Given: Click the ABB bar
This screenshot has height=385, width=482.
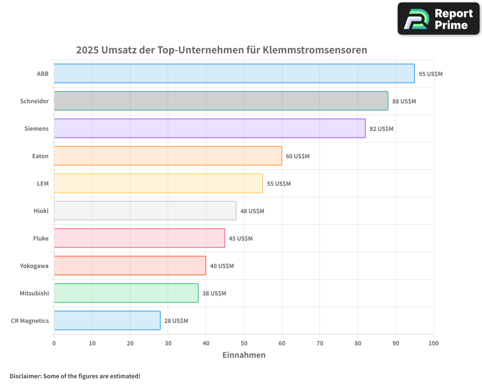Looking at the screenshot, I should pos(234,74).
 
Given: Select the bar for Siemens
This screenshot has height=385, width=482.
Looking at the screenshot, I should pos(210,128).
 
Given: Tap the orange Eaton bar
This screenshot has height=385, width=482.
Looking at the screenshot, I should pos(168,156).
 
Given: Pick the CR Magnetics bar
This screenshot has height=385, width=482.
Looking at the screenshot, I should pos(107,321).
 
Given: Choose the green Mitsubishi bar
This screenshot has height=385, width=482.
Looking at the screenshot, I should pos(126,293).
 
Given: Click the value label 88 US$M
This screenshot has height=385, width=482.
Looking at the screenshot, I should pos(404,102).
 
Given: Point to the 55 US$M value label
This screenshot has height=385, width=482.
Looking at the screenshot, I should pos(279,184).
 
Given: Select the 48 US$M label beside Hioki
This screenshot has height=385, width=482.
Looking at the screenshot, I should pos(252,211).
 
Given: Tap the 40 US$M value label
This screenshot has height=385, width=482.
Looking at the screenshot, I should pos(222,266).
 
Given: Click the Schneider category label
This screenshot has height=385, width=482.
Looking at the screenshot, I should pos(34,101).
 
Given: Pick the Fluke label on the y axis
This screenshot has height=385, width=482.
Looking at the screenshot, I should pos(40,238).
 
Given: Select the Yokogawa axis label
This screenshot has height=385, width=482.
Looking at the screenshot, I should pos(34,266).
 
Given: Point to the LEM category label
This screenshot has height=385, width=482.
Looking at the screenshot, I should pos(42,183).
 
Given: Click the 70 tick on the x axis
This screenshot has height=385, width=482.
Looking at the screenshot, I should pos(320,343).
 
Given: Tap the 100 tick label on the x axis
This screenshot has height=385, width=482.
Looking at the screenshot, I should pos(433,343).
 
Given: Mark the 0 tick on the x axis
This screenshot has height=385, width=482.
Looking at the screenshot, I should pos(54,343).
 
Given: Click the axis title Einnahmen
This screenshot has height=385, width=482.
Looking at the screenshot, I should pos(244,355).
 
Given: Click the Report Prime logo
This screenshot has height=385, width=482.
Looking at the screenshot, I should pos(439,19).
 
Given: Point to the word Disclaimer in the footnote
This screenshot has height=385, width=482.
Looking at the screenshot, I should pos(25,376).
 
